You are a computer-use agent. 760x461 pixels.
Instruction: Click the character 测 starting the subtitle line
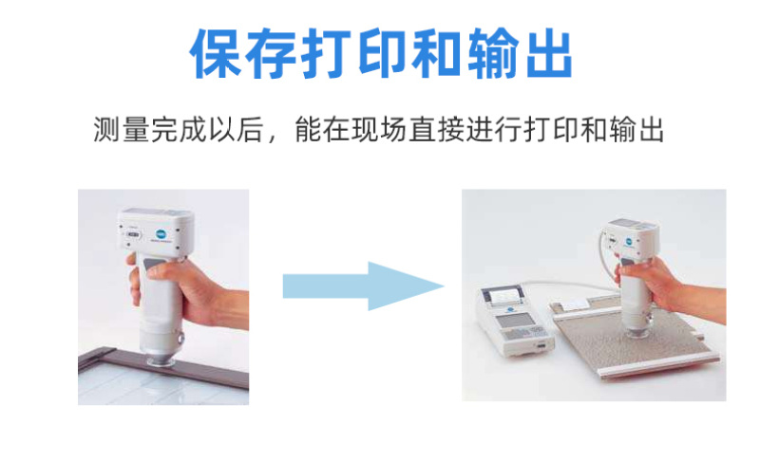(x=107, y=130)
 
